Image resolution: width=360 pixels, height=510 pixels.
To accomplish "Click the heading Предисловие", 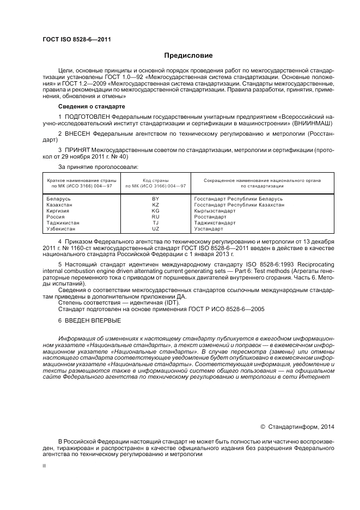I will (188, 56).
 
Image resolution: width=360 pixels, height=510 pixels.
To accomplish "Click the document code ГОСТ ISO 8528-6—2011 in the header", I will (72, 40).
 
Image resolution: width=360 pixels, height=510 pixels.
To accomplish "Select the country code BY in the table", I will (155, 199).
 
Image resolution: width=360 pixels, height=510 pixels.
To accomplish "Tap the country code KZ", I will (155, 205).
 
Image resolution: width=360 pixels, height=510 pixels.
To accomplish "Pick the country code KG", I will (155, 211).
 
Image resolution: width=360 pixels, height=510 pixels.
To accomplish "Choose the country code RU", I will (155, 217).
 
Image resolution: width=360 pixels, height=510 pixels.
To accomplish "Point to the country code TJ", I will (155, 223).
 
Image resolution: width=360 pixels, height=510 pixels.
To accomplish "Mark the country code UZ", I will (155, 229).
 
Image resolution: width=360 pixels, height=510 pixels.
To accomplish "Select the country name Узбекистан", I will (62, 229).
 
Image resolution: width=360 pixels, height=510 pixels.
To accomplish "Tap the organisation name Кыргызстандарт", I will (215, 211).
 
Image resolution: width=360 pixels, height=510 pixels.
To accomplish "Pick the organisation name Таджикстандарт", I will (215, 223).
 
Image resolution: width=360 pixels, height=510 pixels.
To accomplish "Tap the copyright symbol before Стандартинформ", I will (263, 427).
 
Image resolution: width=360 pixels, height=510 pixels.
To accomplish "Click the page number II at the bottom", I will (45, 466).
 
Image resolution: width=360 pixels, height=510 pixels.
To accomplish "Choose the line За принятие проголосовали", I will (97, 166).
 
